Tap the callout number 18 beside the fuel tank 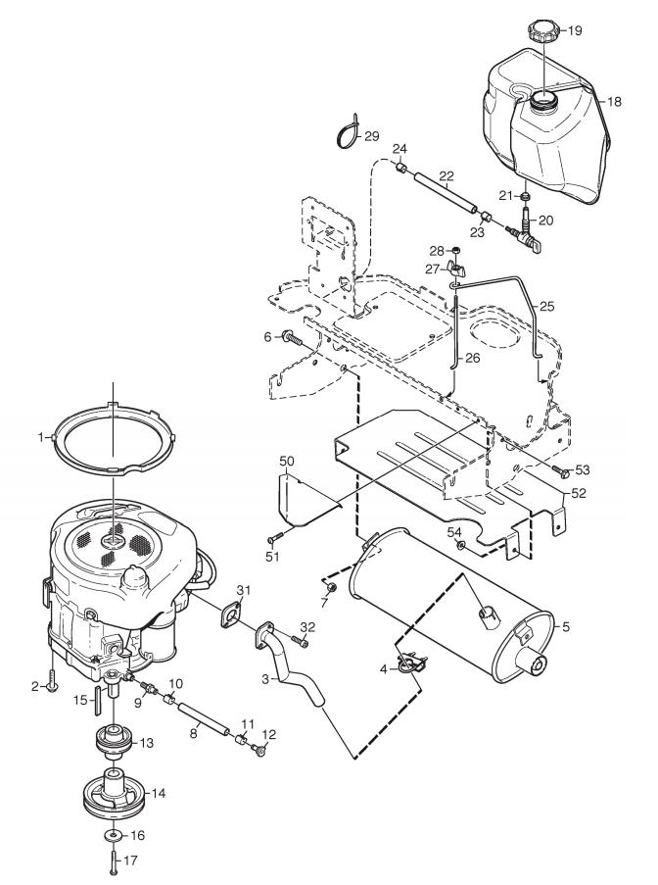pos(614,102)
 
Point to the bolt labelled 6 pos(292,339)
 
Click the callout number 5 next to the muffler pos(566,626)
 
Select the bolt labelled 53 pos(560,469)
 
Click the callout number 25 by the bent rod pos(547,307)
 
